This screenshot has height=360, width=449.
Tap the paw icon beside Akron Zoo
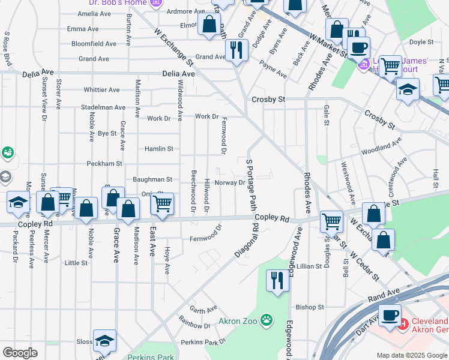[x=266, y=321]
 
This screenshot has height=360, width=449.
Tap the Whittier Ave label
[x=101, y=90]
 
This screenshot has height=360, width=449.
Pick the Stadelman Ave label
[x=103, y=107]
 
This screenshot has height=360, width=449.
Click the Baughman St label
[x=152, y=179]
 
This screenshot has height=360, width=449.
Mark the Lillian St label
[x=309, y=266]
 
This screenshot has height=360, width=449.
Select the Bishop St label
[x=310, y=307]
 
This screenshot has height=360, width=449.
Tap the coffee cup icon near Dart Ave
[x=390, y=314]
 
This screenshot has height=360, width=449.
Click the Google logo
[x=20, y=353]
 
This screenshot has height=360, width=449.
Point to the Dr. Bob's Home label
[x=113, y=2]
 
